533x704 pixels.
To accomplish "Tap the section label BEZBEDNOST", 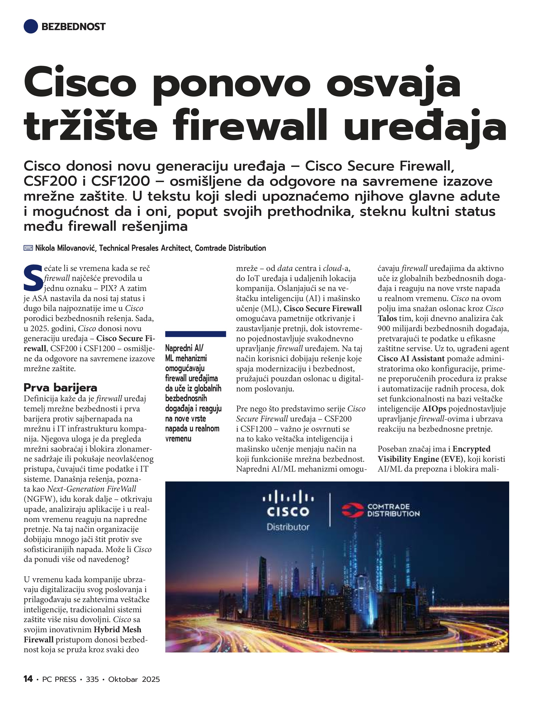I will [73, 27].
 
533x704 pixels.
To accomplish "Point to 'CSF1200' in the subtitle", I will [121, 181].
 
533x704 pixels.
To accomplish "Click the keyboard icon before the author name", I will [28, 248].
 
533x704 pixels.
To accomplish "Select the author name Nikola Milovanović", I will [65, 248].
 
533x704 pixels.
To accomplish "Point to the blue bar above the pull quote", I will [196, 334].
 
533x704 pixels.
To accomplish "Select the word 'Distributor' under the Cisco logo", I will [288, 527].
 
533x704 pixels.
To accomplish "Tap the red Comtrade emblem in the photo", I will [352, 510].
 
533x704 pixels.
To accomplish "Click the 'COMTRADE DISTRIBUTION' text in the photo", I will [393, 510].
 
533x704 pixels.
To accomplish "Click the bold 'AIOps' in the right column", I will [434, 409].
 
